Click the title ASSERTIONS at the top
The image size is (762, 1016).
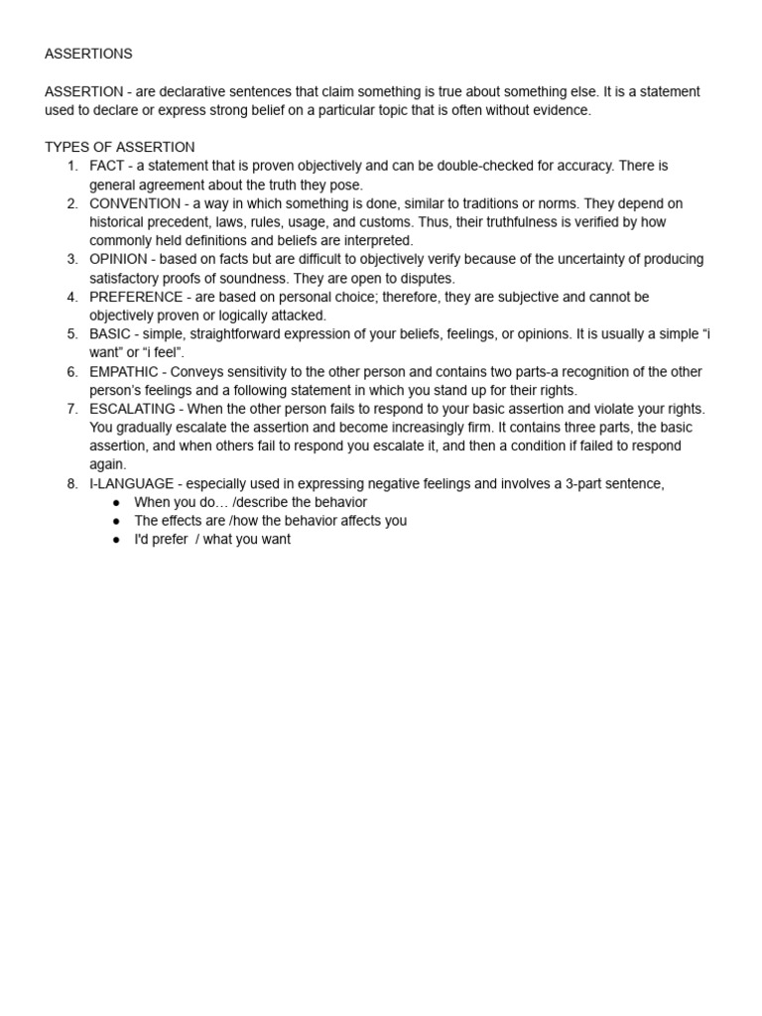coord(88,54)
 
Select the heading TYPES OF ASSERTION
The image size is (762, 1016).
coord(119,147)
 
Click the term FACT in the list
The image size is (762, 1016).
coord(107,166)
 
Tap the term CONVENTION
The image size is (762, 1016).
coord(134,203)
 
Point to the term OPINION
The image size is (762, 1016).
coord(118,259)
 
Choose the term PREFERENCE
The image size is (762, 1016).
coord(136,297)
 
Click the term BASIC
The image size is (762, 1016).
coord(110,333)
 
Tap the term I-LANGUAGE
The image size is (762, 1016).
coord(129,483)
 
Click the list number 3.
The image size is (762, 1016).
coord(72,259)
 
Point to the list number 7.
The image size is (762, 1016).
coord(72,409)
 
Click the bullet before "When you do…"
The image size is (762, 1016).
coord(117,502)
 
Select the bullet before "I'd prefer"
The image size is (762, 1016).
coord(117,540)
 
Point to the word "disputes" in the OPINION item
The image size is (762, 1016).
coord(428,278)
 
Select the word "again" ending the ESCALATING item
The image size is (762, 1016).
coord(107,464)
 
